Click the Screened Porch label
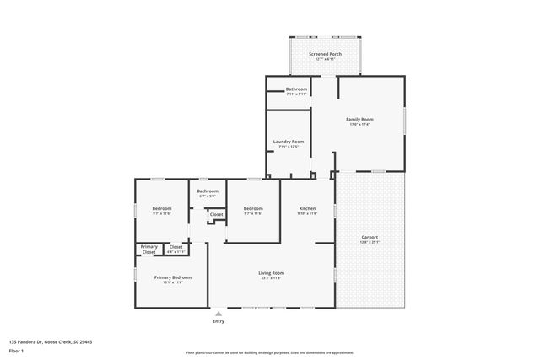[x=324, y=54]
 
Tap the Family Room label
[x=359, y=119]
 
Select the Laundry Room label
[x=289, y=142]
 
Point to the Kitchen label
[x=308, y=208]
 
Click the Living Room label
[x=271, y=272]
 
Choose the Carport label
[x=370, y=237]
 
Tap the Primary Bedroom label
[x=172, y=277]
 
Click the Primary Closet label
[x=148, y=250]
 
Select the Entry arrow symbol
[x=219, y=313]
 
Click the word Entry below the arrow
[x=219, y=321]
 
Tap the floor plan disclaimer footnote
[x=269, y=352]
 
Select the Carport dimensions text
[x=370, y=242]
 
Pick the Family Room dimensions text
[x=359, y=124]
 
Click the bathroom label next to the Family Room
[x=296, y=89]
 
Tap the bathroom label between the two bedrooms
[x=208, y=191]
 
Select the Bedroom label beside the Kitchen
[x=253, y=208]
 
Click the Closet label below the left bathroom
[x=217, y=214]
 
